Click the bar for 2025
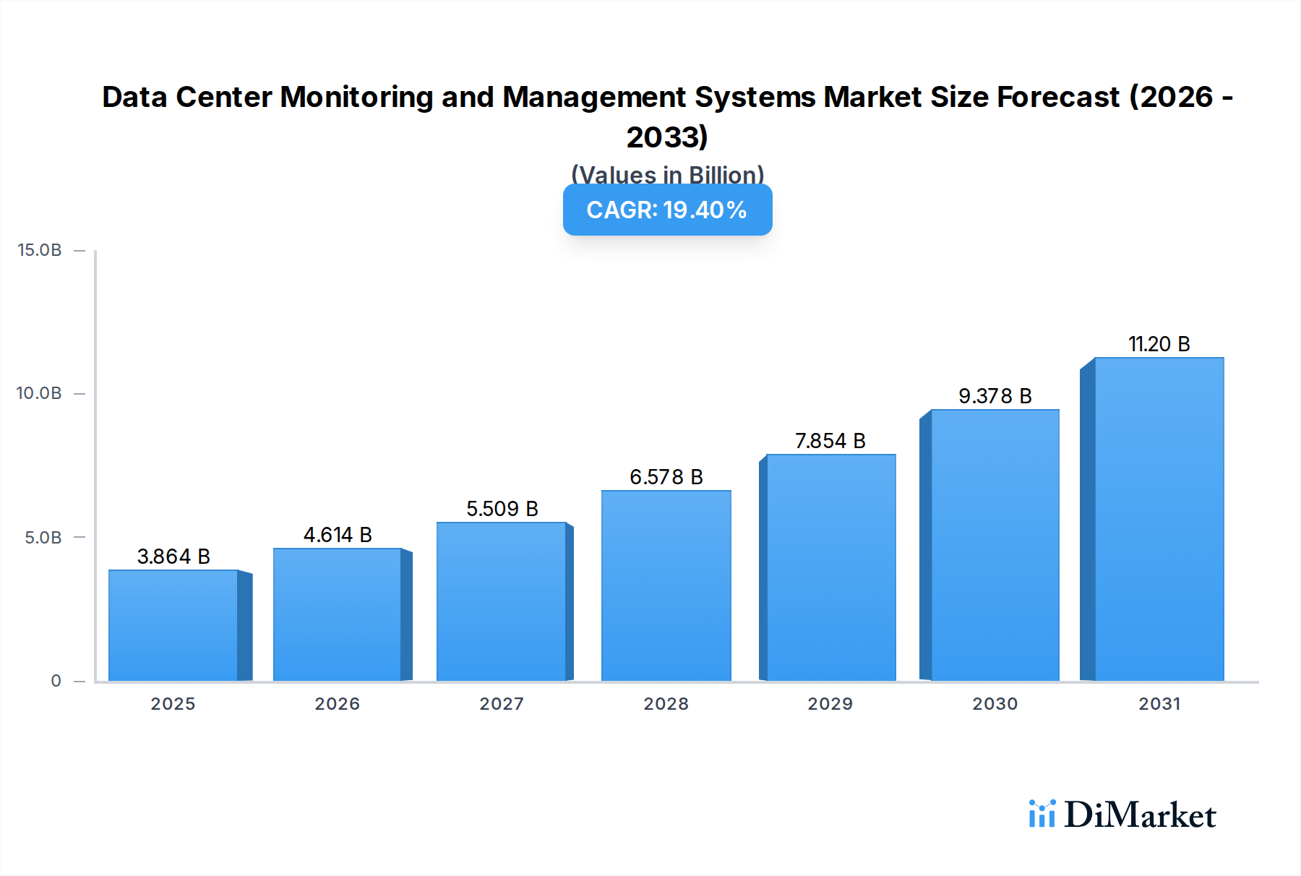tap(173, 625)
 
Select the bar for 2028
tap(666, 585)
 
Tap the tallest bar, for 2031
tap(1159, 519)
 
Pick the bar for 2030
tap(995, 545)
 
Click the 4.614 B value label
tap(338, 535)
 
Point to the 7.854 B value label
tap(830, 441)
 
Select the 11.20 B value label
tap(1159, 344)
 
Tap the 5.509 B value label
tap(502, 509)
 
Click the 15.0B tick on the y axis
tap(40, 250)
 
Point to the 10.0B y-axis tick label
tap(40, 393)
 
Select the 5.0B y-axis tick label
tap(43, 537)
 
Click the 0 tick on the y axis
tap(56, 680)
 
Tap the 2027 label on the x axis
tap(502, 703)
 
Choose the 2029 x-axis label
tap(830, 703)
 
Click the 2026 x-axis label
tap(337, 703)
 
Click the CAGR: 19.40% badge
tap(667, 210)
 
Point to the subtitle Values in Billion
tap(667, 174)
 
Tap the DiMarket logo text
tap(1140, 815)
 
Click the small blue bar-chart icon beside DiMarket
tap(1042, 814)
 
